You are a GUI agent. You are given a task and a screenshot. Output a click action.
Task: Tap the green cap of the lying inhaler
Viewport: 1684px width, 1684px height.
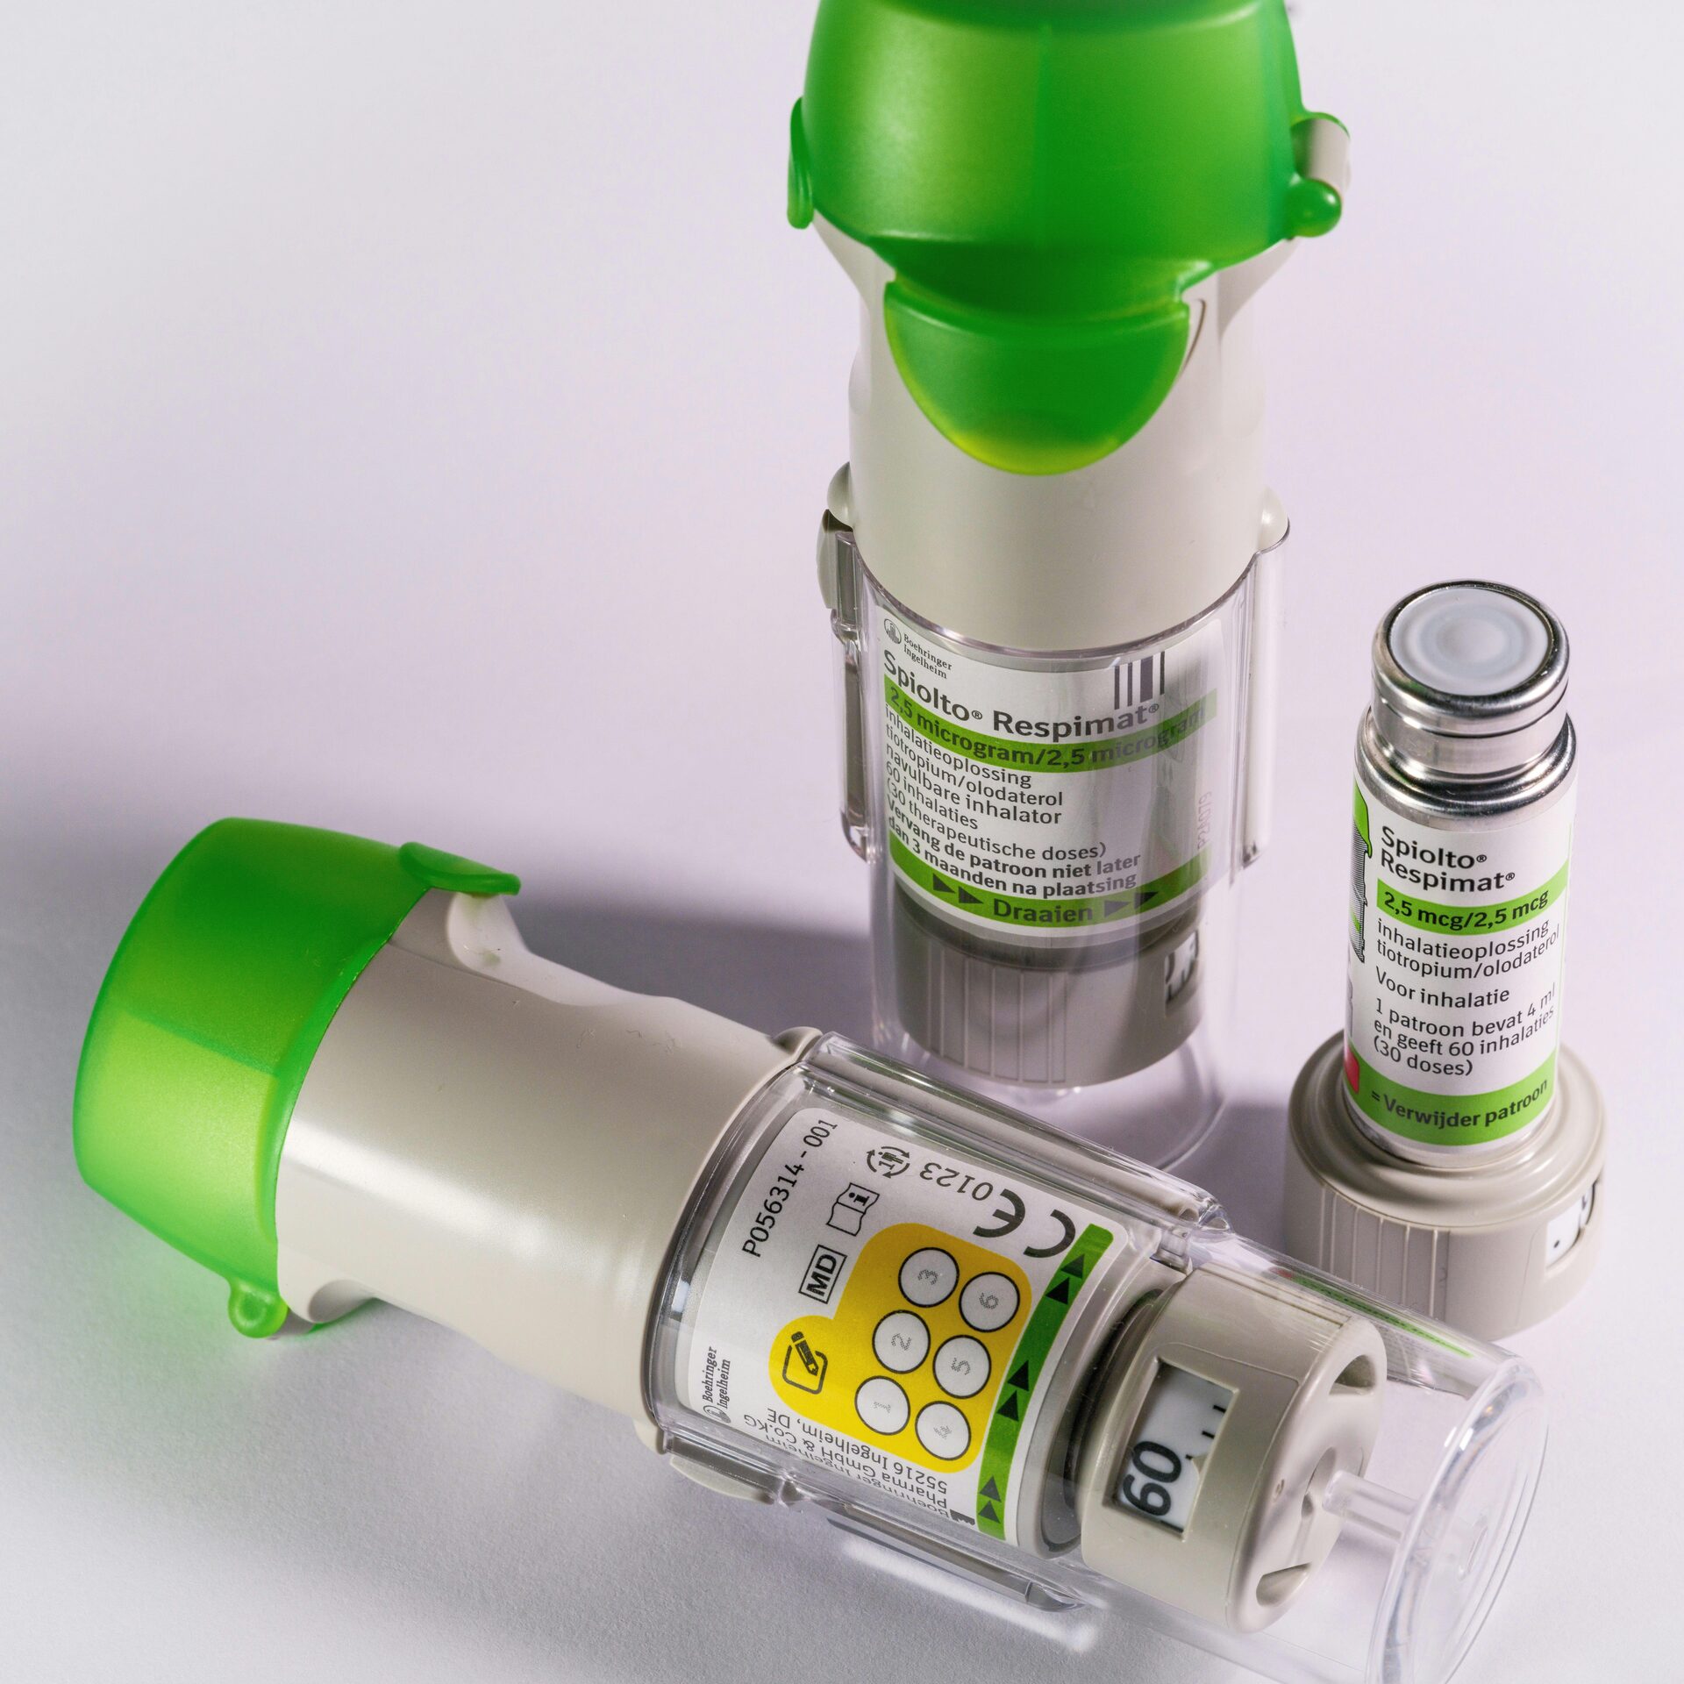coord(210,991)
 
